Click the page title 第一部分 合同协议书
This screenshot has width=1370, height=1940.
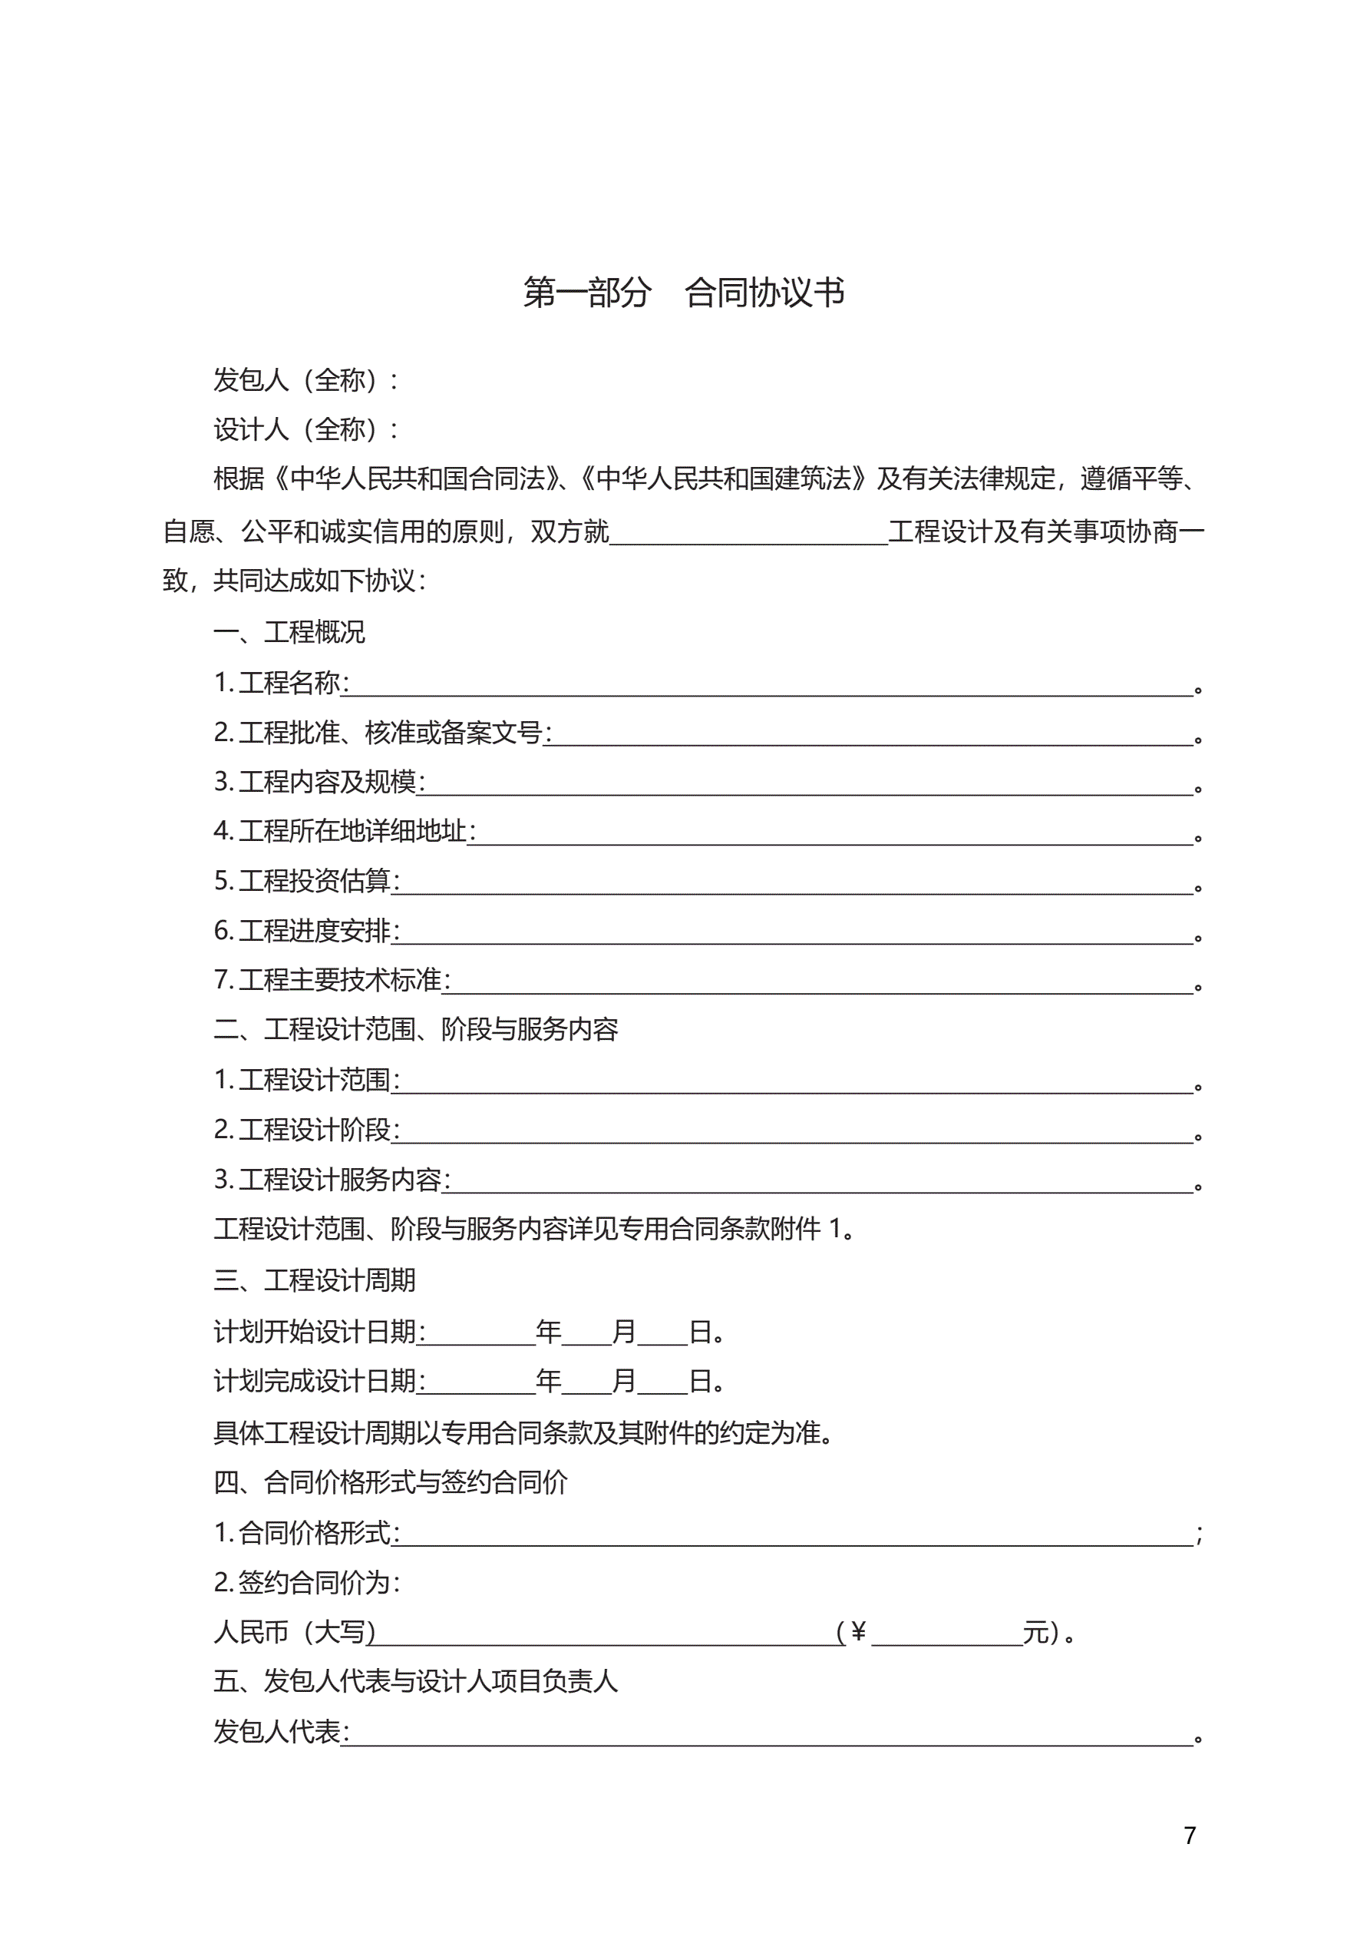[683, 293]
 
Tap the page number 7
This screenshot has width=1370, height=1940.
[1189, 1836]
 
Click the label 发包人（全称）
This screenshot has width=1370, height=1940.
[305, 380]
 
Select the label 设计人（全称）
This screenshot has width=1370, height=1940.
[305, 429]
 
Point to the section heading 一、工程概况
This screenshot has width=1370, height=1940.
[289, 631]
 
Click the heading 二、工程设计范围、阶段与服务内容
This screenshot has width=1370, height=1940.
[415, 1029]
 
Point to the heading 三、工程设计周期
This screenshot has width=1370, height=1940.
[314, 1280]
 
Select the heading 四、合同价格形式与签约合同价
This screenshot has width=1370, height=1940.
[390, 1482]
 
